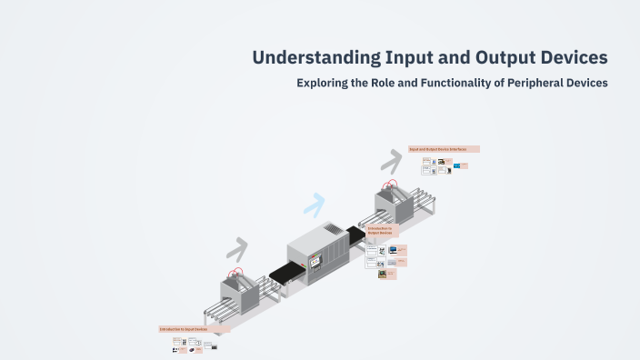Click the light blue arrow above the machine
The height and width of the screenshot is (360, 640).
coord(314,205)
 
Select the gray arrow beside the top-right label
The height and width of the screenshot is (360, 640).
coord(391,161)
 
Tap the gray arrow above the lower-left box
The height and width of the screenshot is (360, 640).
coord(238,247)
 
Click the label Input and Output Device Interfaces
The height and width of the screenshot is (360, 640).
coord(444,149)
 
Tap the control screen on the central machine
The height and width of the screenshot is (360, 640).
coord(315,262)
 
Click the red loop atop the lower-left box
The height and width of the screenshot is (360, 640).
coord(235,272)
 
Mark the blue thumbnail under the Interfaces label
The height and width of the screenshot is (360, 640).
coord(459,166)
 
